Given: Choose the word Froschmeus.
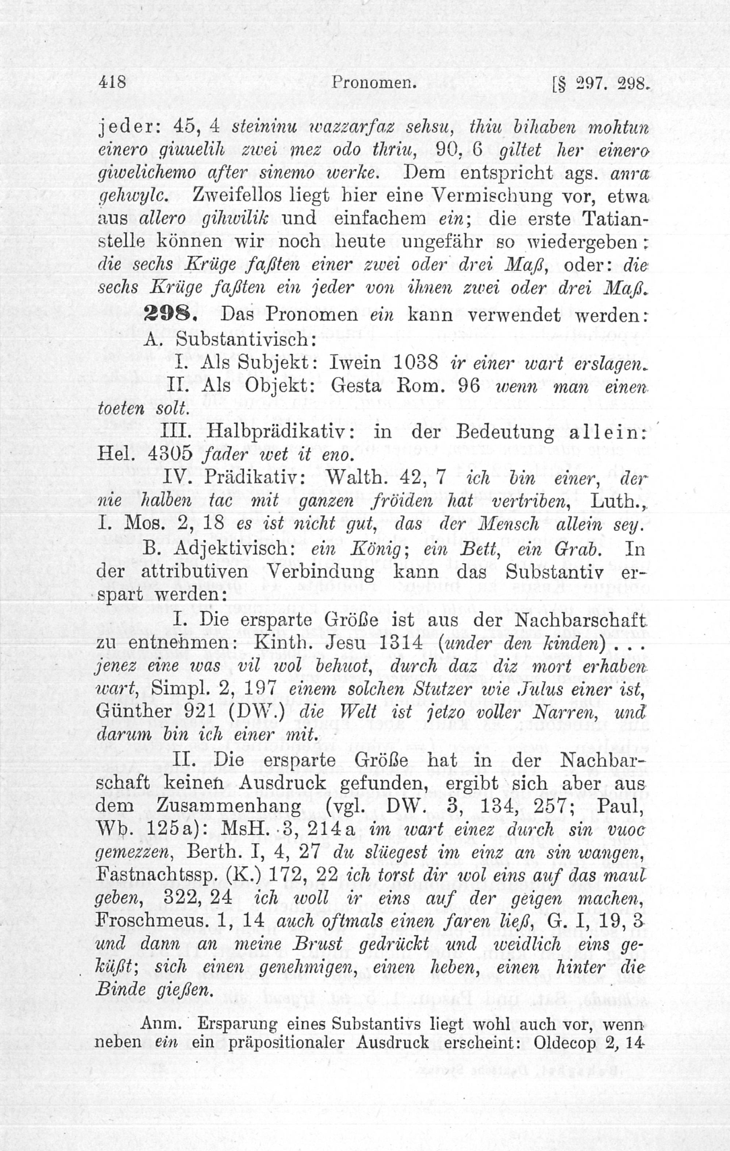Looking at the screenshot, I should pyautogui.click(x=151, y=921).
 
